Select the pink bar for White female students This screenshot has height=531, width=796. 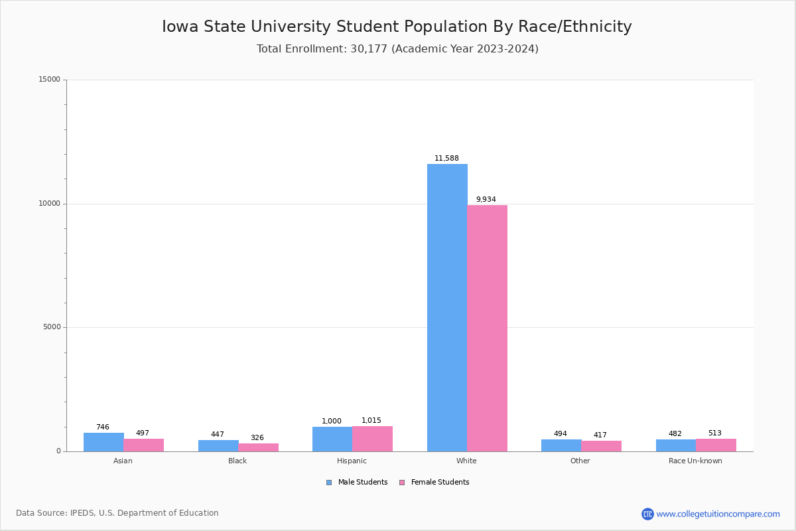click(x=487, y=328)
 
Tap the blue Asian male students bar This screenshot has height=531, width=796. click(x=103, y=442)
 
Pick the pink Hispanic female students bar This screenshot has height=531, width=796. click(x=372, y=439)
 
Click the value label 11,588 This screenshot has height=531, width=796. click(x=446, y=159)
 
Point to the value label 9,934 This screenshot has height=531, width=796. click(x=486, y=200)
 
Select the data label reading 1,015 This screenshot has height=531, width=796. click(x=371, y=421)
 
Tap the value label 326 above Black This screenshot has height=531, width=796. click(x=257, y=438)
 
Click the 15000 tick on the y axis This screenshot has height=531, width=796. click(x=49, y=80)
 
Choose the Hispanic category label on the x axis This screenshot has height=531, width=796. click(x=352, y=461)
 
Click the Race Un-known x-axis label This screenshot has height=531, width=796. click(x=695, y=461)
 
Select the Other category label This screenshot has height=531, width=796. click(x=580, y=461)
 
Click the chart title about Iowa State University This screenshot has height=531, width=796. click(x=397, y=27)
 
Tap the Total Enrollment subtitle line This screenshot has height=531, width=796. click(x=397, y=49)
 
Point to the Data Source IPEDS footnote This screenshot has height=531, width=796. click(x=117, y=513)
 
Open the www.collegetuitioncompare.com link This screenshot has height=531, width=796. click(x=718, y=514)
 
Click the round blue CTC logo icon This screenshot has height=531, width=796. click(x=647, y=514)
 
